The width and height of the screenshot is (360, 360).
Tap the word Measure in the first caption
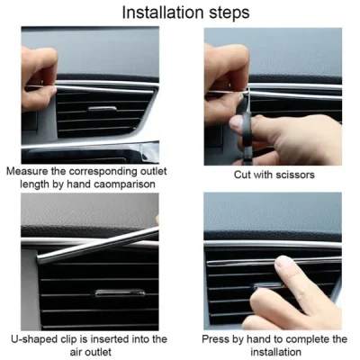29,171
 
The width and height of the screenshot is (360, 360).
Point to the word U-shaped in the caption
33,338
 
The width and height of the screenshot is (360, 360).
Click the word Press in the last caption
218,338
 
